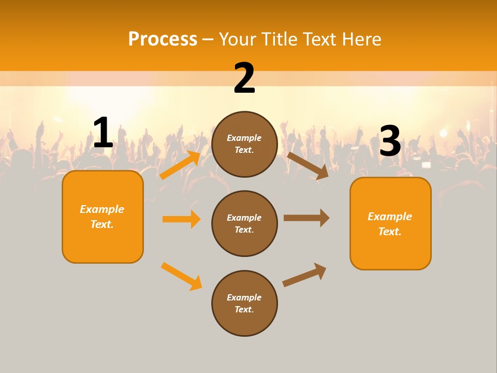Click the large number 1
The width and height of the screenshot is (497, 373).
tap(103, 133)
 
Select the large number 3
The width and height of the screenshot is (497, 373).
tap(390, 141)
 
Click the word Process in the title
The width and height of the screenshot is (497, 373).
tap(163, 39)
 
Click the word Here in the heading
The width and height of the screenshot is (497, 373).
tap(360, 39)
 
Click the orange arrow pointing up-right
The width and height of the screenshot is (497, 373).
tap(180, 165)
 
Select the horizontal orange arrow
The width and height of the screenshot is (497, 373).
tap(181, 219)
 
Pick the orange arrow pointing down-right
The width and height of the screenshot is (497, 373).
tap(181, 276)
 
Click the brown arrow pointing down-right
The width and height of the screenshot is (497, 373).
tap(308, 165)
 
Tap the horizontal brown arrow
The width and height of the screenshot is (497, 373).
tap(306, 218)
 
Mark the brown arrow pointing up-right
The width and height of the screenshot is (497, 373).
tap(304, 275)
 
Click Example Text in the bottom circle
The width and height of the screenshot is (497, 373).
tap(244, 304)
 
